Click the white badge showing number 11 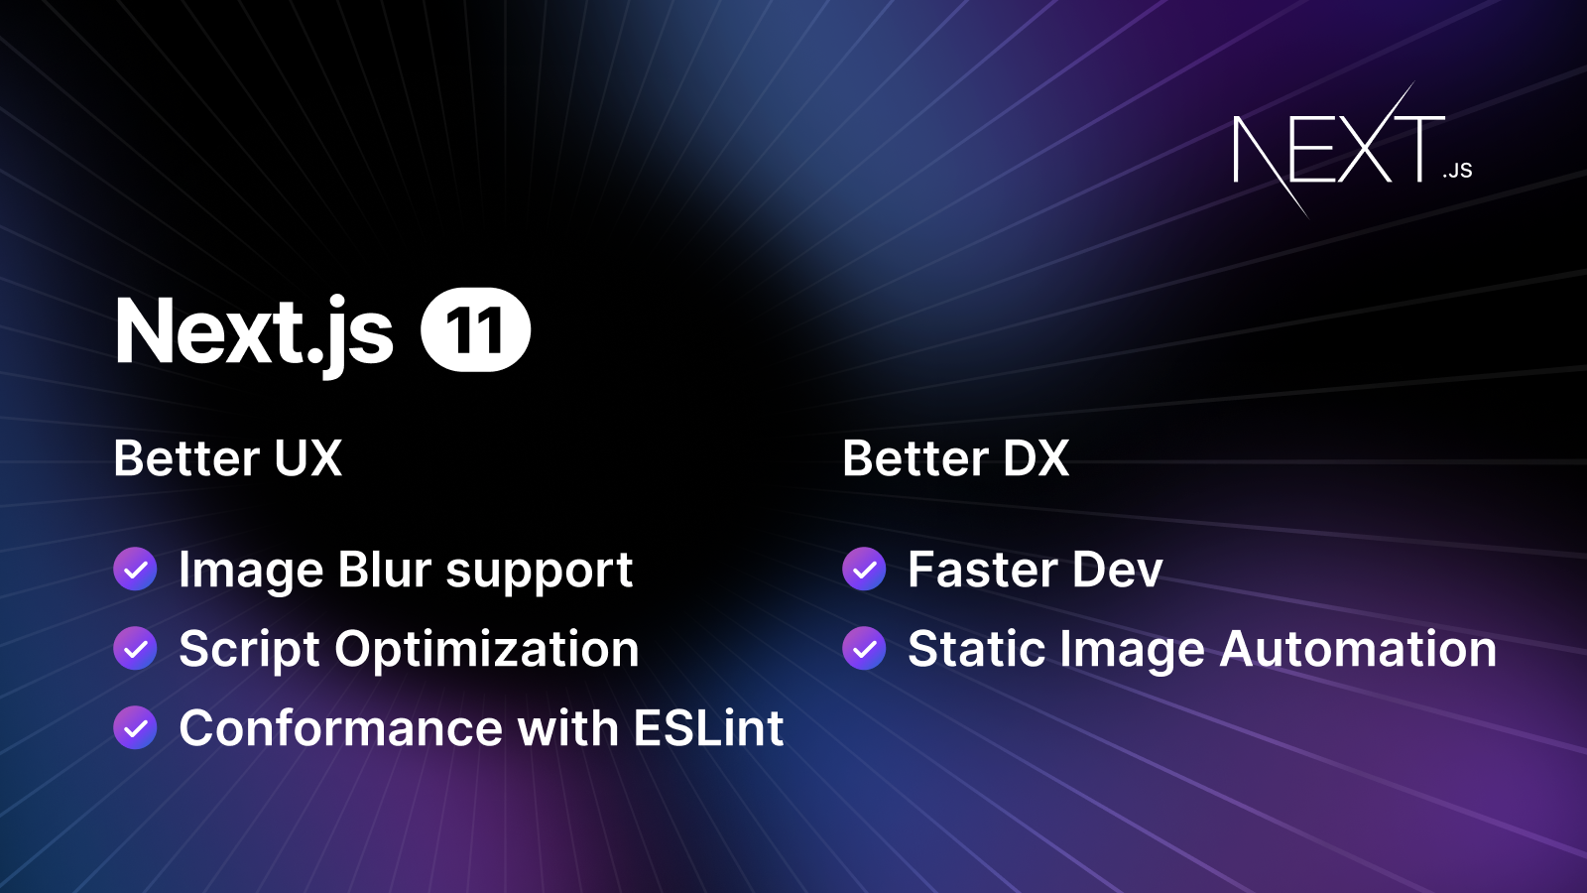[476, 330]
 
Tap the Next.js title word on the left [254, 332]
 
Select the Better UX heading [228, 458]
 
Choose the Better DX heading [956, 458]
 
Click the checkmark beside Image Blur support [135, 570]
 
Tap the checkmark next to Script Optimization [135, 649]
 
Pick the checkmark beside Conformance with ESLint [135, 728]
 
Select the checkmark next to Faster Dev [864, 570]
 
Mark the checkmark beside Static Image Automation [864, 649]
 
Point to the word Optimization [487, 649]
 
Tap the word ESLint [708, 728]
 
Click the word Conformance [341, 728]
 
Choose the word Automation [1358, 649]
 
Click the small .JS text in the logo [1458, 171]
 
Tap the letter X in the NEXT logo [1366, 149]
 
